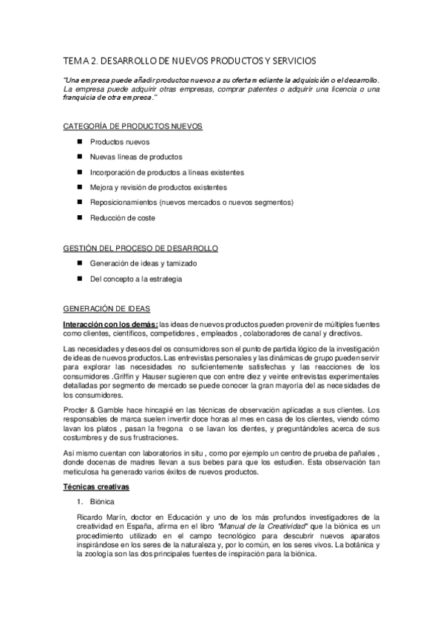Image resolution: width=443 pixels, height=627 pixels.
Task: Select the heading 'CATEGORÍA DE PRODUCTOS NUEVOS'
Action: [x=132, y=126]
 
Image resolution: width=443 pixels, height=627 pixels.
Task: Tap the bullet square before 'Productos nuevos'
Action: [x=79, y=141]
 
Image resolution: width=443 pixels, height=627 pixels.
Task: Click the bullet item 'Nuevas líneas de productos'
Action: [x=135, y=157]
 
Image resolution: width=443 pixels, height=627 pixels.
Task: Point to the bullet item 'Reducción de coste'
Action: [x=123, y=218]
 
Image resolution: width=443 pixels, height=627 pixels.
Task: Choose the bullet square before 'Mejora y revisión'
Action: [x=79, y=187]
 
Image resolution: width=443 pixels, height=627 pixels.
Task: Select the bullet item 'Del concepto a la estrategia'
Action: [x=135, y=279]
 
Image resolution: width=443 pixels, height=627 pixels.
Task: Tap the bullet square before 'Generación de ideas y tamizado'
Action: [x=79, y=263]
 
